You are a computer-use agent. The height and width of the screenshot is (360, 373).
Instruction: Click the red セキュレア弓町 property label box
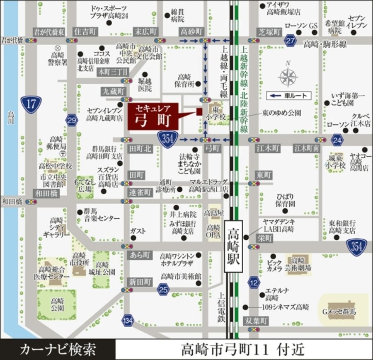pos(153,116)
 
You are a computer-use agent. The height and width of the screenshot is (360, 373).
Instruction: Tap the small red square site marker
pos(199,111)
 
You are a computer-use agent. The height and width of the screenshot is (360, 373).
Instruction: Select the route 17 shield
pos(31,103)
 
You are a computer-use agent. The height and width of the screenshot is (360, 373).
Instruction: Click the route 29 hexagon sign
pos(72,121)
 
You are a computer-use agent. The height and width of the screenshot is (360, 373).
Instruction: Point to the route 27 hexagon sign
pos(291,41)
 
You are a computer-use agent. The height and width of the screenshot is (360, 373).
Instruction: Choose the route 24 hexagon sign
pos(337,140)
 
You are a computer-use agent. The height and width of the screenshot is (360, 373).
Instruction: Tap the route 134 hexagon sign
pos(128,320)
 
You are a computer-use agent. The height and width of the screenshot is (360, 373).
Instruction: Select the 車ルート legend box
pos(288,96)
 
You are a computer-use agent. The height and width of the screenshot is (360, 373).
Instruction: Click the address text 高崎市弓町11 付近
pos(243,350)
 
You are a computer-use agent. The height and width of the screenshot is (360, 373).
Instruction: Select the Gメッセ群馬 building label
pos(339,312)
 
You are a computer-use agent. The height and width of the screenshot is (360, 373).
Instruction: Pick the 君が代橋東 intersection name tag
pos(49,31)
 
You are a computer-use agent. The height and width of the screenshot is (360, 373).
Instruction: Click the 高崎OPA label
pos(214,231)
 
